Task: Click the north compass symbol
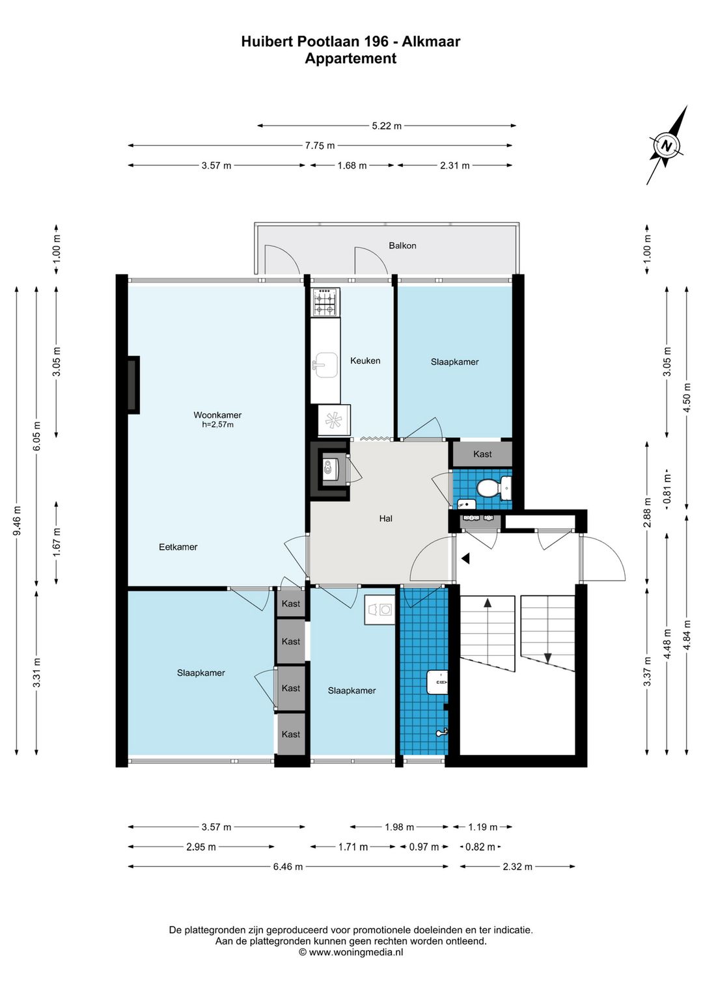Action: point(666,145)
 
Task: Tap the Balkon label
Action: point(402,245)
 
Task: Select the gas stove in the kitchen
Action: point(325,303)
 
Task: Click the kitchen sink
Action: point(325,365)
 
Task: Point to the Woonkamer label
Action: point(217,415)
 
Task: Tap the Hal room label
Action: point(385,519)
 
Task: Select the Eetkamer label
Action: point(178,547)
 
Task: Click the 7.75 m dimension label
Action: point(320,145)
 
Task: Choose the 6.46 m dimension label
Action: point(288,867)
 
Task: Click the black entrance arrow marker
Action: point(465,559)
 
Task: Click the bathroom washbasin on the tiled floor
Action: point(438,682)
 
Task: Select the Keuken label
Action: point(365,361)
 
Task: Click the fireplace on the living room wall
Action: point(133,385)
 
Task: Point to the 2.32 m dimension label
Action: point(517,867)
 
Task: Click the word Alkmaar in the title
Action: point(431,42)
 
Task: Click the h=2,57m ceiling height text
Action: point(217,425)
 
